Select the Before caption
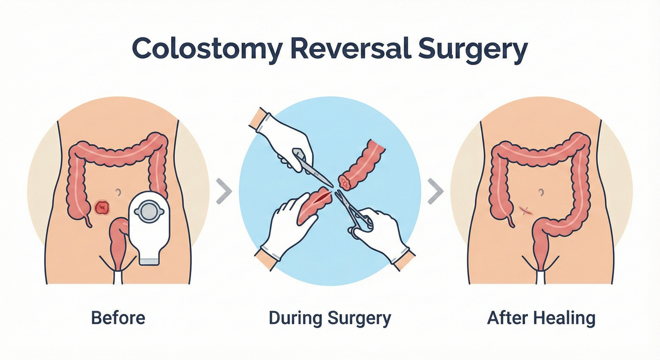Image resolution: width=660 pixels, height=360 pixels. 118,317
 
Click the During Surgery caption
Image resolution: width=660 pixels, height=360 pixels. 330,317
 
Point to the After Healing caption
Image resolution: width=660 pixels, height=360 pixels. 541,317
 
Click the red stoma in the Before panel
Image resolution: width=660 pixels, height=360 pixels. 103,207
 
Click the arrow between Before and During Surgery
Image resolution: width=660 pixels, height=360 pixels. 223,192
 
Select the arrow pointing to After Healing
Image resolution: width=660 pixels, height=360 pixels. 436,192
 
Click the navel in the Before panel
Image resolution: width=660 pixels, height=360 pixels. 119,192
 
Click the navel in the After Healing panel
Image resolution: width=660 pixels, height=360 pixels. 541,192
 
